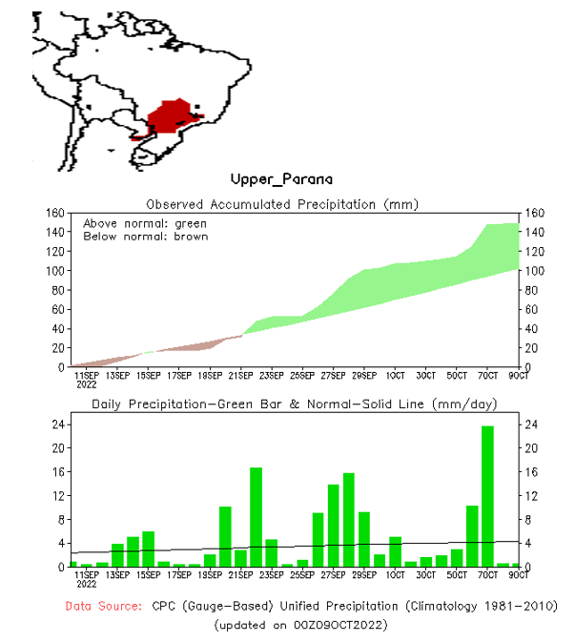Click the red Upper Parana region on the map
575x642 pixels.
click(x=172, y=117)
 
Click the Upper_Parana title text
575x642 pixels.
click(x=281, y=179)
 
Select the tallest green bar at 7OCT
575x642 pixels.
click(x=487, y=496)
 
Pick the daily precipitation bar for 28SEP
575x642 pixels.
click(x=349, y=520)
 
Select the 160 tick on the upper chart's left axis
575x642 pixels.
click(x=53, y=213)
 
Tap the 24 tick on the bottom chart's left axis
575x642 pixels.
click(x=57, y=425)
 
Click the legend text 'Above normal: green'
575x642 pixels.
click(x=145, y=223)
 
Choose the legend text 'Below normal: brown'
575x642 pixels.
click(x=145, y=236)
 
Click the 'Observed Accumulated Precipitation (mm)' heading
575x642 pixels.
click(x=281, y=203)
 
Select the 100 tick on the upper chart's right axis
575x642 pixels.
click(x=532, y=271)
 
